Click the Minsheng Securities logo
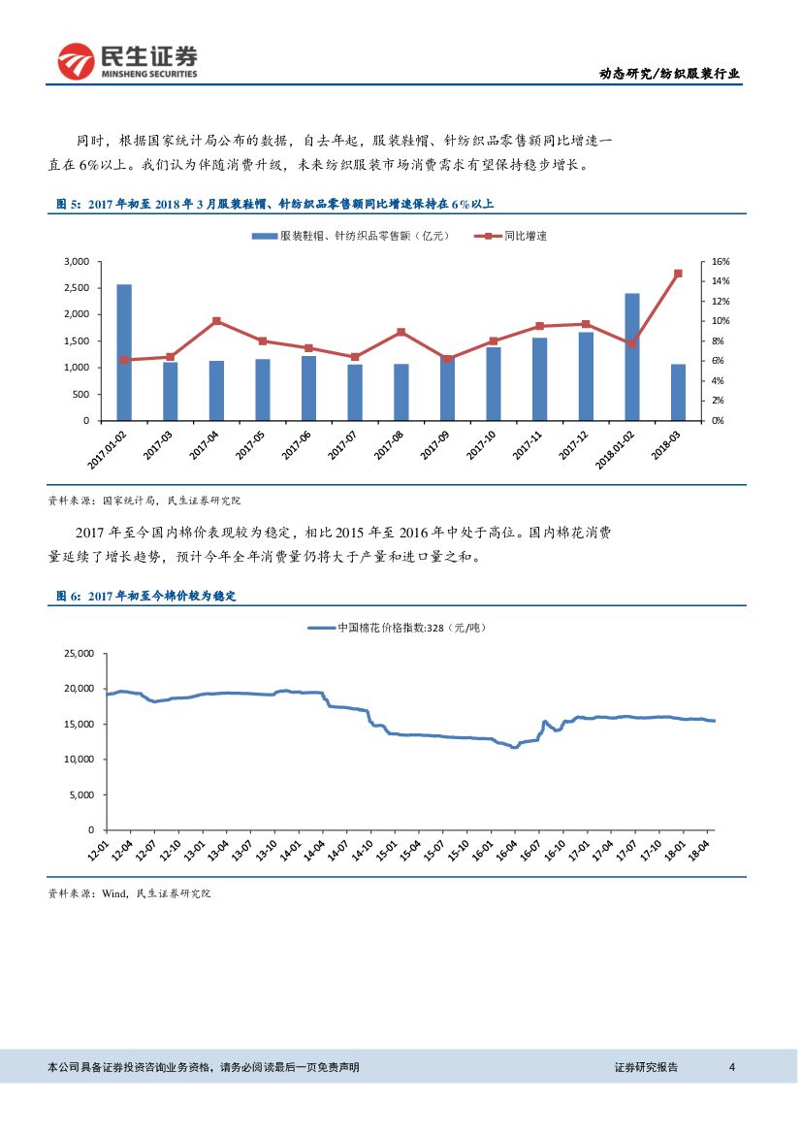click(x=127, y=62)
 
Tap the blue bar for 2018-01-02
click(x=631, y=356)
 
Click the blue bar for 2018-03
click(x=678, y=392)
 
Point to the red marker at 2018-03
click(x=678, y=274)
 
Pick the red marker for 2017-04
click(x=216, y=321)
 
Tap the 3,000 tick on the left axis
click(x=75, y=262)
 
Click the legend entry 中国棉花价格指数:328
click(x=397, y=628)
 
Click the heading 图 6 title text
click(x=145, y=596)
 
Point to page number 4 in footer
click(x=732, y=1067)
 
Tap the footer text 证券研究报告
click(x=646, y=1067)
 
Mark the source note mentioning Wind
click(x=129, y=893)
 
